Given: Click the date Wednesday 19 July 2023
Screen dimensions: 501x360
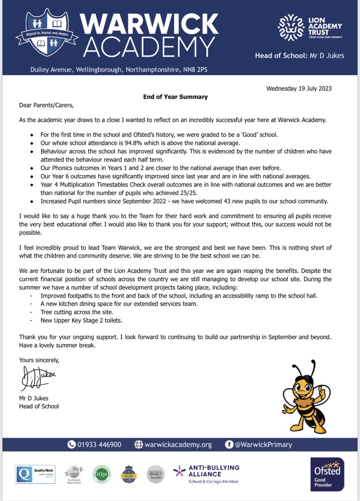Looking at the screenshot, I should tap(299, 89).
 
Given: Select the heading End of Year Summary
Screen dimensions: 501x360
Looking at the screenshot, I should tap(175, 97).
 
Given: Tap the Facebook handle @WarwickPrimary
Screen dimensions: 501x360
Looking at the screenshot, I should tap(263, 445).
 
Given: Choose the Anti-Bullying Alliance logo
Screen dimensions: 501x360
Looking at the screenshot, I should tap(207, 474).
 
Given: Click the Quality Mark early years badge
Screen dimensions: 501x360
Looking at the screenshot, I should tap(33, 475).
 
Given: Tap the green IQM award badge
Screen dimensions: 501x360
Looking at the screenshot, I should tap(99, 474).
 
